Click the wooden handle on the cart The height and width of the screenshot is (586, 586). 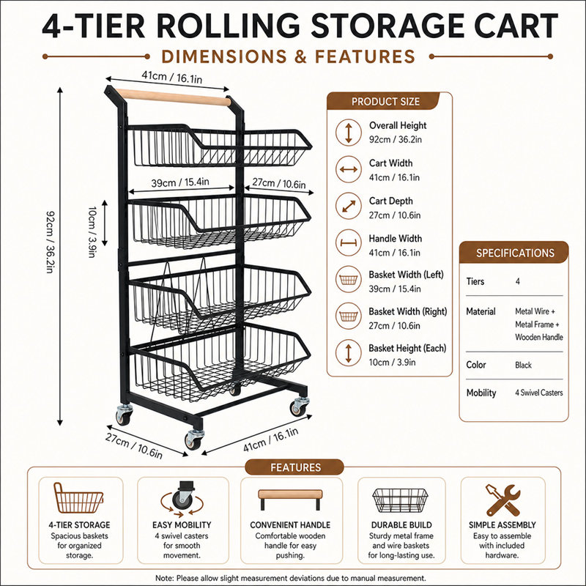[x=173, y=97]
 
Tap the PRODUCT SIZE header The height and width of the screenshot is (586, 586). [x=385, y=102]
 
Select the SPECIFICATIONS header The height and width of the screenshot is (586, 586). [x=515, y=253]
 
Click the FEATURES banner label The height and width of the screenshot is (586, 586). [x=296, y=467]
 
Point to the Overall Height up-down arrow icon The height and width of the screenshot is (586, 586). [x=349, y=133]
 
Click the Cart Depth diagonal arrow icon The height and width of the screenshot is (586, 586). [x=349, y=206]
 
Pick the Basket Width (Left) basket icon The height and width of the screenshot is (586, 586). [x=349, y=280]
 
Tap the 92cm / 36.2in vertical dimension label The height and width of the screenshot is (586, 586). [x=51, y=242]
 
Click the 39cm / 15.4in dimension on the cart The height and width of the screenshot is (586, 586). [x=180, y=182]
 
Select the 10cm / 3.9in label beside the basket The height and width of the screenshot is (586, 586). [x=92, y=232]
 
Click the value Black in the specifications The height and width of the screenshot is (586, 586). [x=523, y=365]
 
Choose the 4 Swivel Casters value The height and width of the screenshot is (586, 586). [x=539, y=393]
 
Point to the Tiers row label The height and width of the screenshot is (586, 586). [x=475, y=281]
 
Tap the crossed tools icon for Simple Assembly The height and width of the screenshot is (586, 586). [x=502, y=500]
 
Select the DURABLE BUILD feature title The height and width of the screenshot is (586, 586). [x=401, y=525]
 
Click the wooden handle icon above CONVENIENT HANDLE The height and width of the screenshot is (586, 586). [x=290, y=500]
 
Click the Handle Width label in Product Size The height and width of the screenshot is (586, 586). [x=396, y=239]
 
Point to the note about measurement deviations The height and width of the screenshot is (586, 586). [x=291, y=578]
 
